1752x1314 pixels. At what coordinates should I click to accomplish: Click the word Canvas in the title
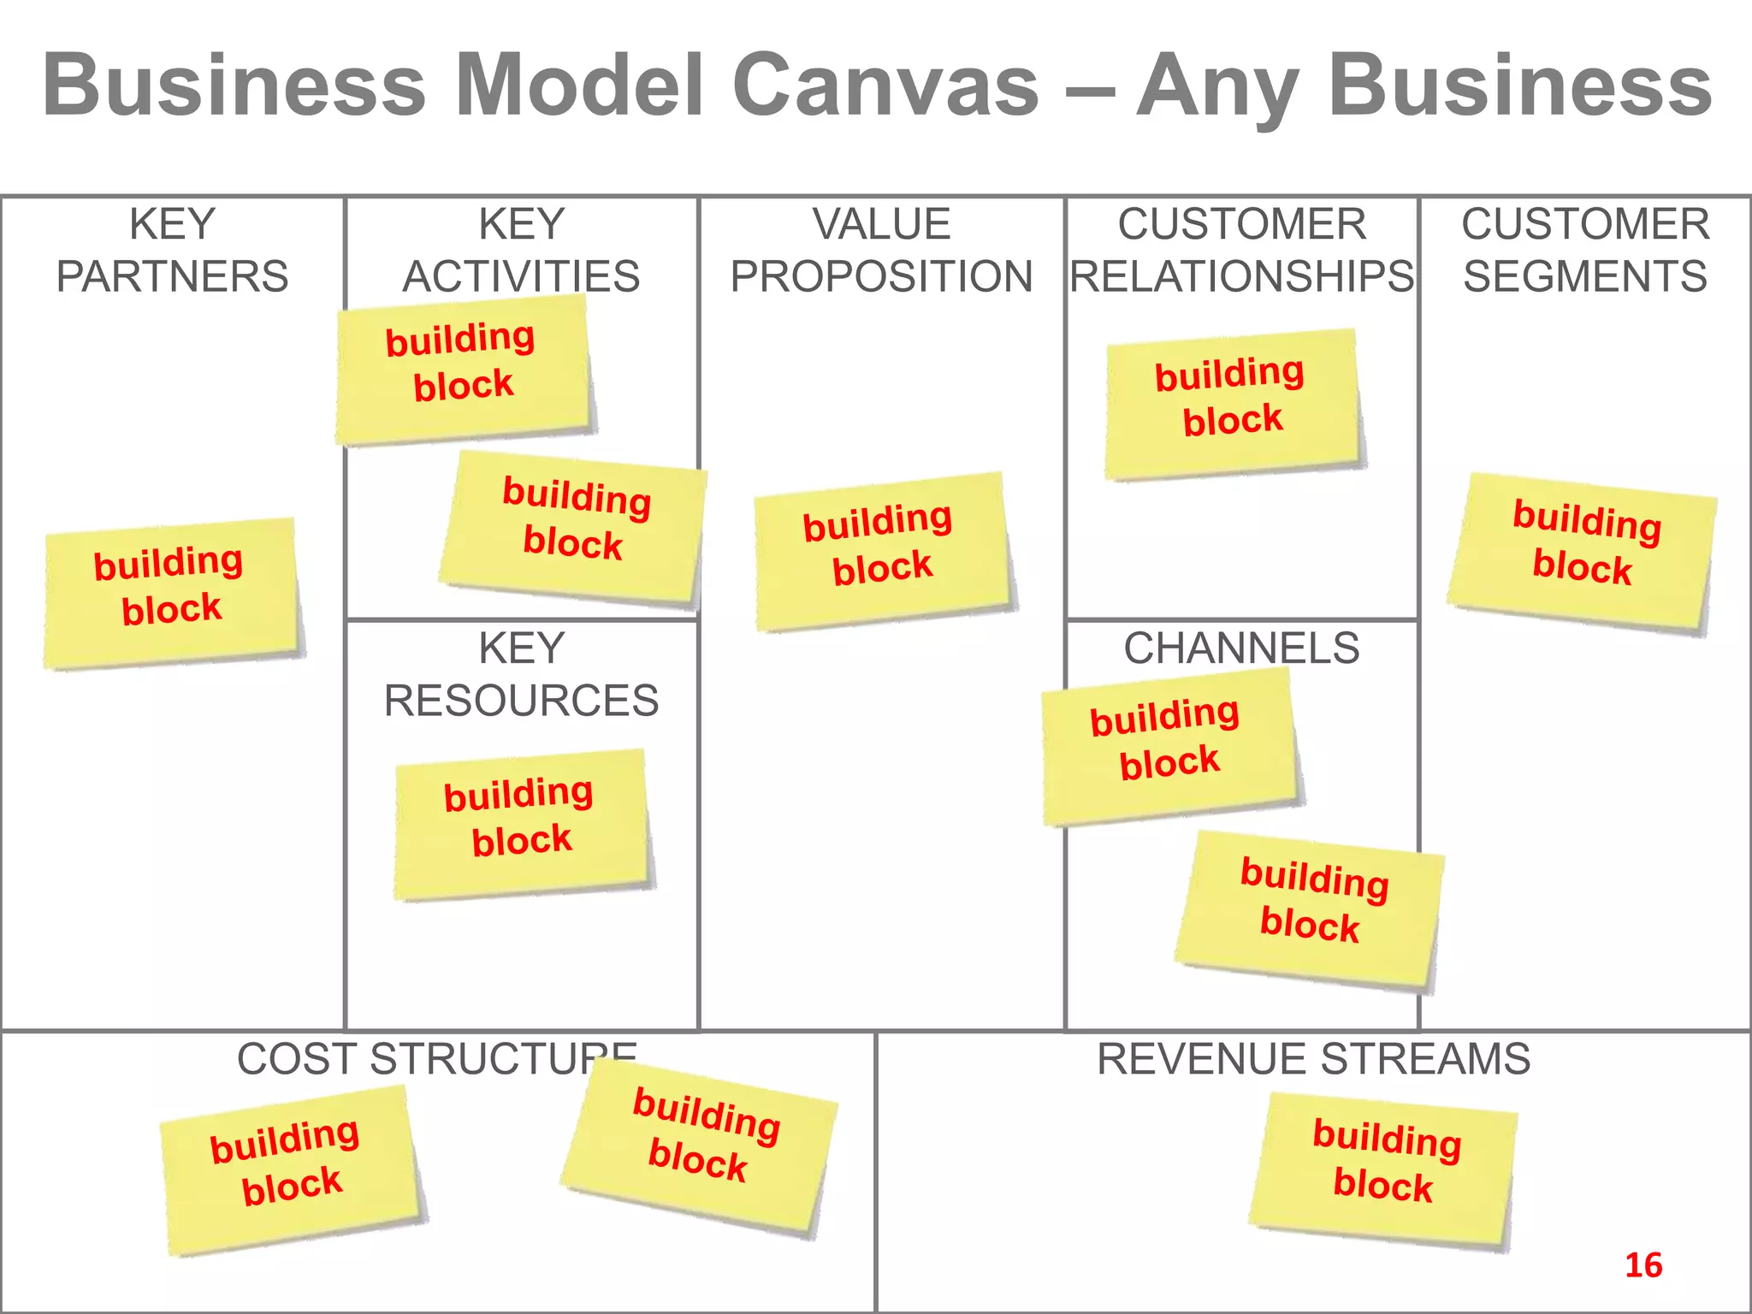point(886,86)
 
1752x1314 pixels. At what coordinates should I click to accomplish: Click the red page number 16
point(1642,1265)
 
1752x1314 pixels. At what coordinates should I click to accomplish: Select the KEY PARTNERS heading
point(172,251)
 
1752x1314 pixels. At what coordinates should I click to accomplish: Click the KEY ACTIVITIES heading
point(521,251)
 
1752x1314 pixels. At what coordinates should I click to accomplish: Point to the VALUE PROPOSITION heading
point(881,251)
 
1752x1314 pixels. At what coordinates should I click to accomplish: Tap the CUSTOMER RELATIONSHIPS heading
point(1241,251)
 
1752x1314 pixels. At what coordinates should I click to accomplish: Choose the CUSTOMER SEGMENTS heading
point(1584,251)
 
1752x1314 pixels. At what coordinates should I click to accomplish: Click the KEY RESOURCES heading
point(521,674)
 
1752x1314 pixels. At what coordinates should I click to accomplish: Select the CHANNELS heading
point(1241,648)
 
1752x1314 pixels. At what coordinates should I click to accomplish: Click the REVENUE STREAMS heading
point(1313,1059)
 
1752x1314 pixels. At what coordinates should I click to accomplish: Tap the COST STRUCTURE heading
point(411,1059)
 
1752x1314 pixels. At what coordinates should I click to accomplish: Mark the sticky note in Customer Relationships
point(1232,403)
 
